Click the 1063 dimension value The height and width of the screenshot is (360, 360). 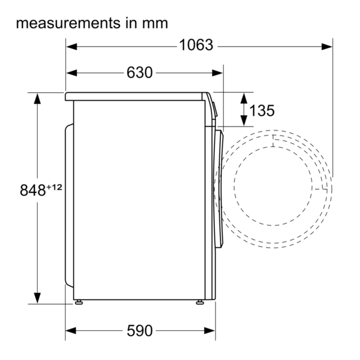(196, 45)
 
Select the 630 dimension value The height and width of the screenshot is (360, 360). (139, 73)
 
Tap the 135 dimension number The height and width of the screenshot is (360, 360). (262, 111)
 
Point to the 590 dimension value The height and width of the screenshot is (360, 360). (139, 331)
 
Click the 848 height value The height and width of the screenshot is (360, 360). (33, 190)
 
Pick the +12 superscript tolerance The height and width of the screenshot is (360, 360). (55, 187)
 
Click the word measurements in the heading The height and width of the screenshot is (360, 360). (68, 23)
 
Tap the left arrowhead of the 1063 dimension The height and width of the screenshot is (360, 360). (71, 47)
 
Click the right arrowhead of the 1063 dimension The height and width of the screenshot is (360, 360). (327, 47)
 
